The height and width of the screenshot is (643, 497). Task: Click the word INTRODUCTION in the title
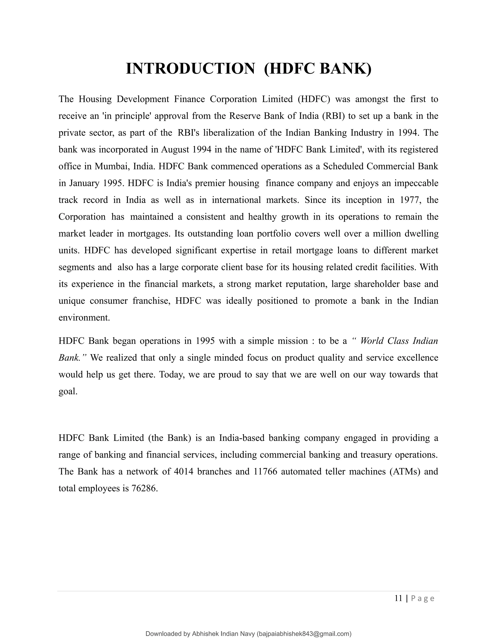click(x=190, y=69)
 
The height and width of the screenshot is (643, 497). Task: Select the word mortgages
click(x=149, y=234)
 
